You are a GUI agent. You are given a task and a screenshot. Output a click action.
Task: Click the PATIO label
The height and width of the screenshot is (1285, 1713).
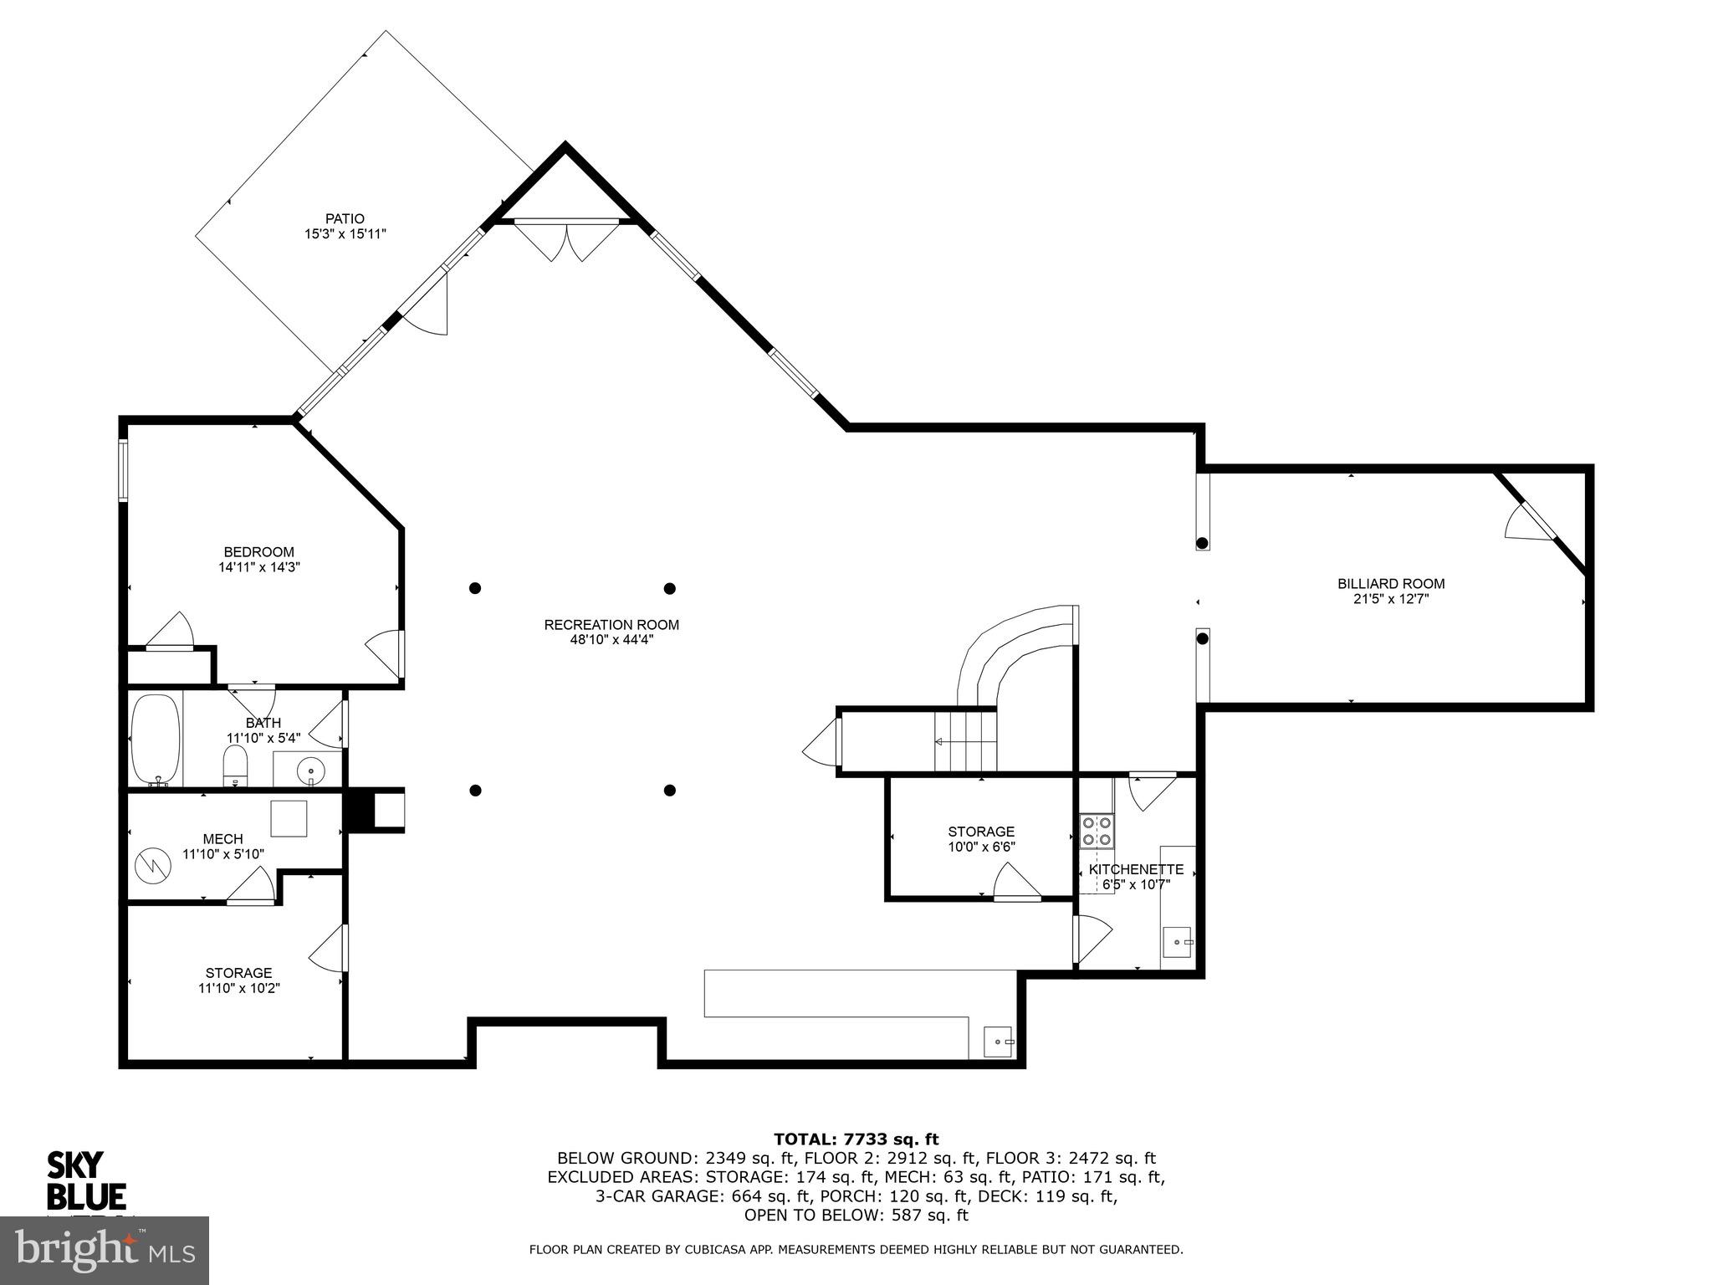345,219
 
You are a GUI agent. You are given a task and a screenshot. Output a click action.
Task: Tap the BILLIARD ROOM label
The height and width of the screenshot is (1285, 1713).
1391,584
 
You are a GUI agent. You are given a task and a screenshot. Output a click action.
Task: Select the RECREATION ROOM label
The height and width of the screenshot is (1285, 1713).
611,625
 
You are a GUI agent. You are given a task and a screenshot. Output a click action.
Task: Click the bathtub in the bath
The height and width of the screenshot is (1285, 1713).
156,739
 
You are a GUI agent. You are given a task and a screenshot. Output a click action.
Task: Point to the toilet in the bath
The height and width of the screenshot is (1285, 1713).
235,765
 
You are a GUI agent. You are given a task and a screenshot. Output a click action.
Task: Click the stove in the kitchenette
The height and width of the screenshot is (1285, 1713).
1097,831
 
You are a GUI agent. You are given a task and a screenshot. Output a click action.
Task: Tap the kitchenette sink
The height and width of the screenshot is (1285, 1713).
1179,942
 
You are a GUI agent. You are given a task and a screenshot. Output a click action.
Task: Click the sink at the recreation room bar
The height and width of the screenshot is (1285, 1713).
998,1042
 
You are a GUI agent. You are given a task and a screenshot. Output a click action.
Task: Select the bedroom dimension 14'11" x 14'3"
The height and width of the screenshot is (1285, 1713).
259,567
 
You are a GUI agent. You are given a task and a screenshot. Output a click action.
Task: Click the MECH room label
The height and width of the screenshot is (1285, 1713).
223,839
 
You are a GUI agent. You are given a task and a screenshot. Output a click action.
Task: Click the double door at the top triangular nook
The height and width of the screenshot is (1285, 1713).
567,240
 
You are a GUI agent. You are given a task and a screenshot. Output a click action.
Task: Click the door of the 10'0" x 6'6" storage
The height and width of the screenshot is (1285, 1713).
1016,883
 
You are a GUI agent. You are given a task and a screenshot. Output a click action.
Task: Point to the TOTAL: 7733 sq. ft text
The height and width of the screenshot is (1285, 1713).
856,1139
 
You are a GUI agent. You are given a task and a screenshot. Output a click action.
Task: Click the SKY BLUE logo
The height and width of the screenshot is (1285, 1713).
85,1180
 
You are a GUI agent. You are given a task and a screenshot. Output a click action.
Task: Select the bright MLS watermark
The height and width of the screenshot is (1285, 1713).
105,1250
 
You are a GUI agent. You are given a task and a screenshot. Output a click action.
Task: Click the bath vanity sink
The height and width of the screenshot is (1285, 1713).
311,767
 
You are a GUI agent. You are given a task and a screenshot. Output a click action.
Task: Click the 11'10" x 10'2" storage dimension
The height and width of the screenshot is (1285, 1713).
239,988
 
